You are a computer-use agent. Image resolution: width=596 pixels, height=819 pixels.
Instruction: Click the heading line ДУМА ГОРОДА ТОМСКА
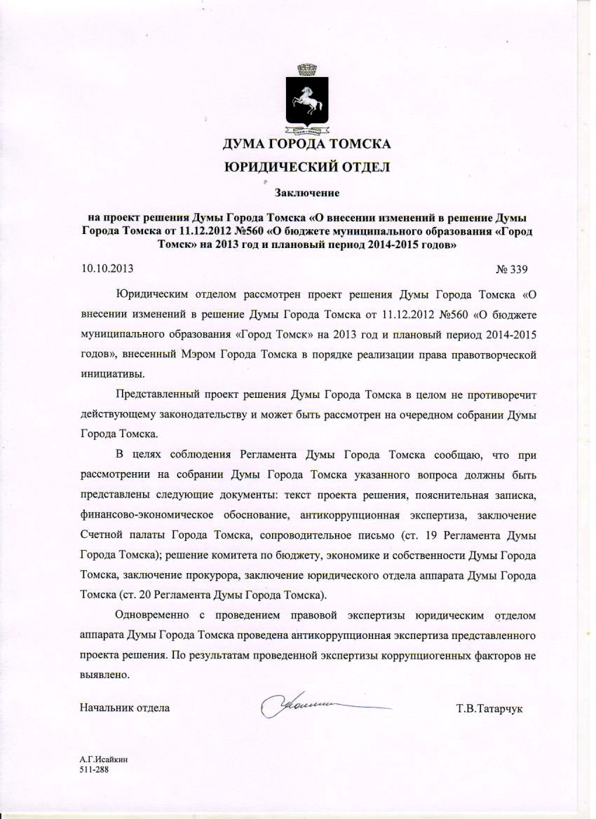306,145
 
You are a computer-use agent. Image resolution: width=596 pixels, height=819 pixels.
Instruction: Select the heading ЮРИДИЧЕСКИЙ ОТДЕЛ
306,167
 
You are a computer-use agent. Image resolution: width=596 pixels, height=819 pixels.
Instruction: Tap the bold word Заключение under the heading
306,191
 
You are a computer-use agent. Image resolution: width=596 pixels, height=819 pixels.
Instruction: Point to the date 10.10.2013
107,268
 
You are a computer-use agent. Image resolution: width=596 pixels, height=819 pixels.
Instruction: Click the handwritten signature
309,703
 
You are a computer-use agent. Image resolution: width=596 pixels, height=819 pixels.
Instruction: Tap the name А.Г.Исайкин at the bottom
104,759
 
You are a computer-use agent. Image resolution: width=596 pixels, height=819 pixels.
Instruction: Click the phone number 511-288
95,769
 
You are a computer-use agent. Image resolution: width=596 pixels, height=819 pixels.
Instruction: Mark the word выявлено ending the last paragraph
105,677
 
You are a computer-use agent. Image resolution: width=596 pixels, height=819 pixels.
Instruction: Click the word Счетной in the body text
103,536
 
